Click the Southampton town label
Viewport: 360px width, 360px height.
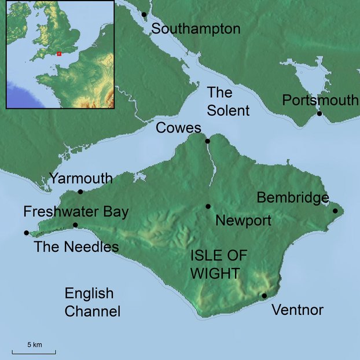coord(196,29)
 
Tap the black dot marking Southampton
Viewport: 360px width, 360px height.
coord(144,14)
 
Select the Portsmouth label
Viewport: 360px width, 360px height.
coord(320,100)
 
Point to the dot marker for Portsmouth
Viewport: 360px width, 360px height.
coord(319,113)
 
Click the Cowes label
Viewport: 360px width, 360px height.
coord(178,128)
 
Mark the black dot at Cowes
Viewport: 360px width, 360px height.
coord(207,141)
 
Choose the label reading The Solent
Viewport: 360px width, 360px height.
coord(228,101)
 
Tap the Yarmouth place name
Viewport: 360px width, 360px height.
coord(80,178)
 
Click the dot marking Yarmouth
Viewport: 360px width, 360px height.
coord(80,192)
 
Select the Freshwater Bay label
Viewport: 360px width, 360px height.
coord(76,211)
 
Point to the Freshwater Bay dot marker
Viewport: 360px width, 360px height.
coord(75,225)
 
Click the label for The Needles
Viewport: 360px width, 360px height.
coord(76,247)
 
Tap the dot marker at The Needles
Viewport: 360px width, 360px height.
coord(26,233)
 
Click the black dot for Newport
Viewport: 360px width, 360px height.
coord(208,207)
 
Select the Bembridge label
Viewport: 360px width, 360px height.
coord(293,198)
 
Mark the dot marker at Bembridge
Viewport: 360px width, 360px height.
coord(335,211)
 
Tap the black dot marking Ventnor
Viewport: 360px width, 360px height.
coord(264,296)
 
